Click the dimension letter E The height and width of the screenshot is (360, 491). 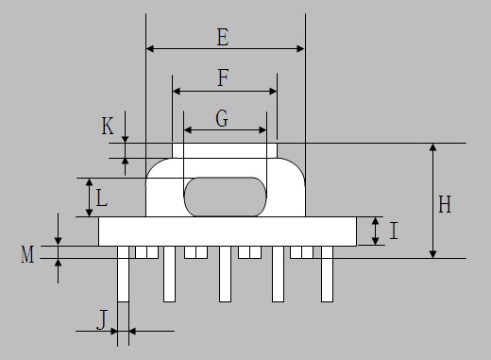(223, 37)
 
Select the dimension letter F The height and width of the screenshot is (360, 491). (223, 77)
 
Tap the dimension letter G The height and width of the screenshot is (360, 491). (222, 119)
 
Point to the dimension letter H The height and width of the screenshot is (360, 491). (445, 204)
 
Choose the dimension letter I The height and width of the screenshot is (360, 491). (394, 231)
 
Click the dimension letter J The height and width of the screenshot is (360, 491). (102, 319)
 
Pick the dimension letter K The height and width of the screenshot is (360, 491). (108, 126)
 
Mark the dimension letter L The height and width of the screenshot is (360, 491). (101, 198)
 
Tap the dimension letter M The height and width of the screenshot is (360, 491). (27, 254)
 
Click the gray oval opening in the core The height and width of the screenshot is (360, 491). (225, 197)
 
